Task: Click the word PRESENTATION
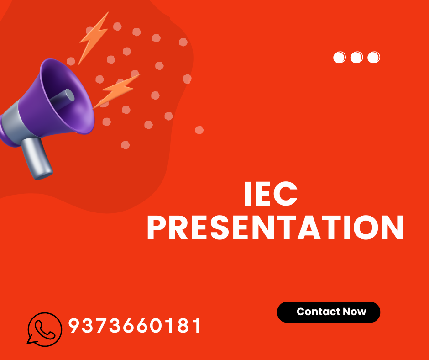click(x=275, y=228)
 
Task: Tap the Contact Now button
click(x=329, y=312)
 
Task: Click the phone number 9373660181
click(x=135, y=326)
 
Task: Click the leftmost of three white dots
click(x=340, y=58)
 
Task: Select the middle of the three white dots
click(x=356, y=58)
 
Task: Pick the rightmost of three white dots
click(x=374, y=58)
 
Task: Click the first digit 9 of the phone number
click(x=73, y=326)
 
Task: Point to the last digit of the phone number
click(x=197, y=326)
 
